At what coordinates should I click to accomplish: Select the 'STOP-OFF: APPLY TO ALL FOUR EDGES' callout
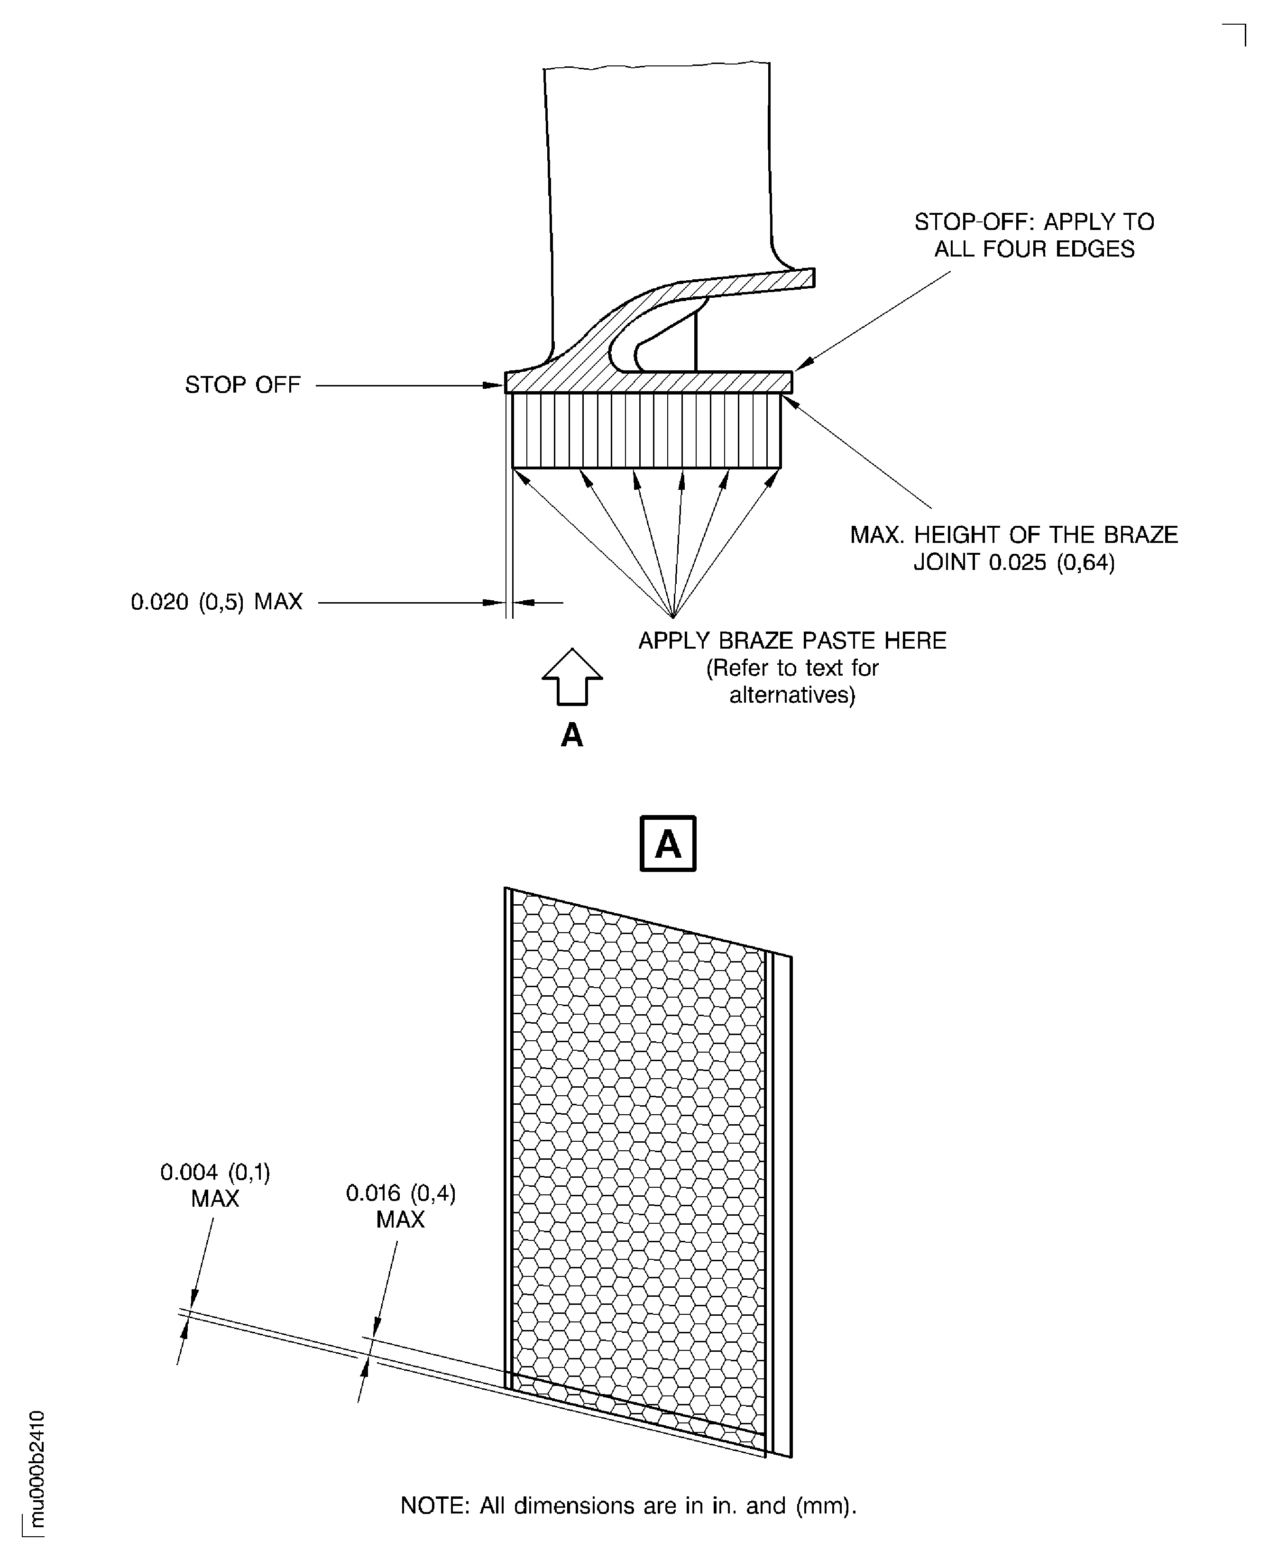(x=1034, y=235)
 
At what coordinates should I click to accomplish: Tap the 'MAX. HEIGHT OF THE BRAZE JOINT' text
(x=1014, y=548)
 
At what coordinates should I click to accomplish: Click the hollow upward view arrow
(x=572, y=677)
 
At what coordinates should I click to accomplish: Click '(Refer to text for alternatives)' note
(x=792, y=681)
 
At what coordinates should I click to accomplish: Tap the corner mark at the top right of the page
(x=1235, y=34)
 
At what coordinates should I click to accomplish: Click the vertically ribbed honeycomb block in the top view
(x=646, y=431)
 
